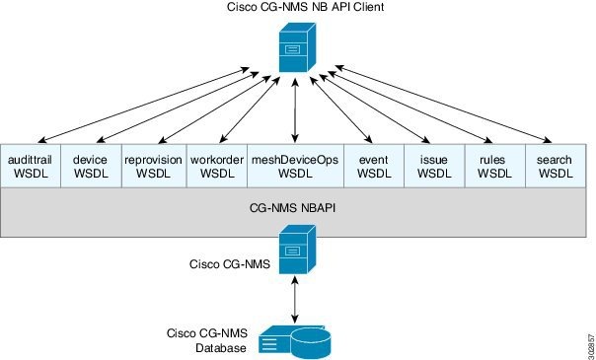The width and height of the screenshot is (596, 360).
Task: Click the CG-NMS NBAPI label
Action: [296, 208]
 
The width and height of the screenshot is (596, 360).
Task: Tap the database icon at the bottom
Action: [294, 338]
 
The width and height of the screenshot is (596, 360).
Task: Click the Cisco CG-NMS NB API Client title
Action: [296, 9]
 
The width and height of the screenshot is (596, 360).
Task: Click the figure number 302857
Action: [586, 338]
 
